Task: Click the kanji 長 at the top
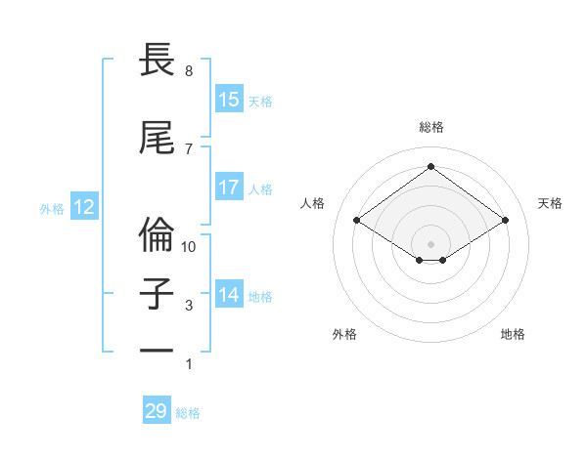point(158,61)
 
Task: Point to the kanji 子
point(158,294)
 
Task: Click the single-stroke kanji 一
point(158,349)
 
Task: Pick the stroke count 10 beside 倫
point(189,247)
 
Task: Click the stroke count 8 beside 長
point(188,71)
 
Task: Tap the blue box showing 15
point(228,100)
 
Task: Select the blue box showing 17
point(228,188)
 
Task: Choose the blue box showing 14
point(228,295)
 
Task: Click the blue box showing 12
point(83,207)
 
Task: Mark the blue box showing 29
point(157,411)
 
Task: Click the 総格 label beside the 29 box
point(189,413)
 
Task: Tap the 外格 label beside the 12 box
point(52,208)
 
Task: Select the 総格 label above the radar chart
point(430,127)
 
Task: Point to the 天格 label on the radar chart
point(550,203)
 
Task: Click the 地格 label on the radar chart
point(513,334)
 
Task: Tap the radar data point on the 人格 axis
point(357,221)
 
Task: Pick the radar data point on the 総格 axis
point(430,166)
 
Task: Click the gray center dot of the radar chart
point(430,243)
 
